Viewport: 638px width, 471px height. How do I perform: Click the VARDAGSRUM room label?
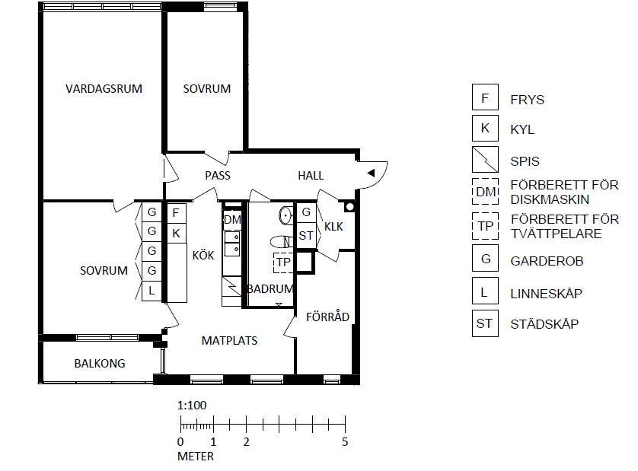pos(104,89)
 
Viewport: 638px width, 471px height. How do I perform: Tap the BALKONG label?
pos(100,363)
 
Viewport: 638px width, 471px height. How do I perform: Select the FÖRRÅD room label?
pos(327,316)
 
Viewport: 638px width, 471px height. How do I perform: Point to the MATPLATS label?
pos(229,340)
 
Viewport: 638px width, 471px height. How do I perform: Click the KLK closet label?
pos(333,227)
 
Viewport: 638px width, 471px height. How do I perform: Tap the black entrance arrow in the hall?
pos(371,173)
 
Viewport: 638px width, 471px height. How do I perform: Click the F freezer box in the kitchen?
pos(177,213)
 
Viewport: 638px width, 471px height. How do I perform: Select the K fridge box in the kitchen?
pos(177,233)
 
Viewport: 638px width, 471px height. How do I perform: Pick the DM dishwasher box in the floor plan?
pos(232,220)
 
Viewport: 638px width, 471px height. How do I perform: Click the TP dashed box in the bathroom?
pos(284,263)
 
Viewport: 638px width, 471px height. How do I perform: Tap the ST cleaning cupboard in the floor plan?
pos(306,235)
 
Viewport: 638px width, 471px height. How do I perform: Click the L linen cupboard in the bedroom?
pos(152,291)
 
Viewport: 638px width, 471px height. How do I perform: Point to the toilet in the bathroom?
pos(282,242)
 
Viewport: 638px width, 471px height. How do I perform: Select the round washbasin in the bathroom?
pos(286,215)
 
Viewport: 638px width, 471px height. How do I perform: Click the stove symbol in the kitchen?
pos(232,286)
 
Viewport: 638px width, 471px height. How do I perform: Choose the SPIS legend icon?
pos(485,160)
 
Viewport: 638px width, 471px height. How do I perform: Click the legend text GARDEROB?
pos(547,261)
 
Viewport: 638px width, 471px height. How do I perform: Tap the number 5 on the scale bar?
pos(345,442)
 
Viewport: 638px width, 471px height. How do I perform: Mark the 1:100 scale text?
pos(192,405)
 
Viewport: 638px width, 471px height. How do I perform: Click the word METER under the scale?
pos(196,457)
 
